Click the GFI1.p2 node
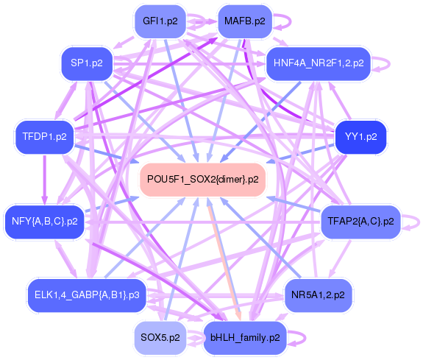tap(160, 21)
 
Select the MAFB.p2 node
tap(244, 21)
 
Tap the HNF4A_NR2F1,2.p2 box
tap(318, 63)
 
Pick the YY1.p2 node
tap(360, 136)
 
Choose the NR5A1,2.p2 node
tap(318, 294)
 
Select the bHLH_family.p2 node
tap(244, 338)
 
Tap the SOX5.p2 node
tap(160, 338)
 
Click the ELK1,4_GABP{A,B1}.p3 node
tap(86, 294)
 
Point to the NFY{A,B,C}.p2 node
tap(44, 221)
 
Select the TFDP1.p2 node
tap(44, 136)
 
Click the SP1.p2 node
tap(86, 63)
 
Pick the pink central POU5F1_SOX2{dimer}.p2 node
tap(202, 179)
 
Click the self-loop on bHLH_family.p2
tap(298, 338)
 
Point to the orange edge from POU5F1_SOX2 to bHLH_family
tap(223, 258)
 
